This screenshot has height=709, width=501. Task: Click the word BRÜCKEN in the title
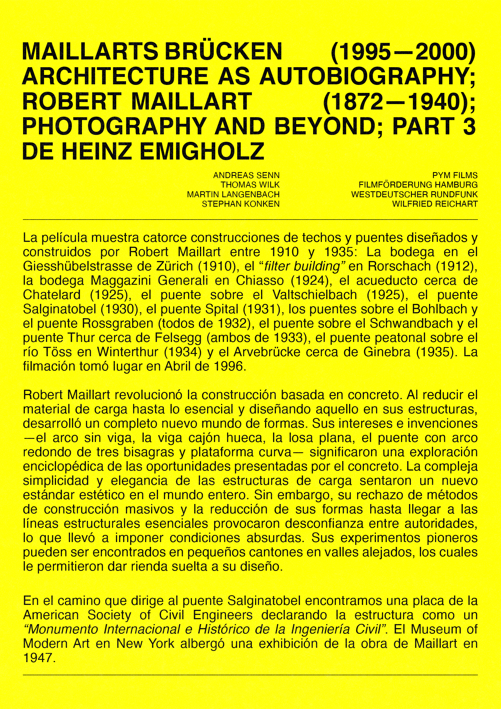[x=224, y=51]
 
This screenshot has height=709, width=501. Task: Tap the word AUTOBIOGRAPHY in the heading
[x=367, y=77]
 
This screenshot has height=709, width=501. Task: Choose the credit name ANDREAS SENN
[x=246, y=176]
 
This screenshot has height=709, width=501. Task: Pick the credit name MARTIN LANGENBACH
[x=233, y=194]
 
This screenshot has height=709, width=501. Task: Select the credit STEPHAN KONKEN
[x=241, y=204]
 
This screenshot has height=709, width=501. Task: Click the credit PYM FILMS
[x=455, y=176]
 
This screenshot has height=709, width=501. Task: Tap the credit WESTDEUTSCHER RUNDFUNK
[x=414, y=194]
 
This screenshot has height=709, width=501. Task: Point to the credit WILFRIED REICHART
[x=435, y=204]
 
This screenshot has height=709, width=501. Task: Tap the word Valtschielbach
[x=315, y=294]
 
